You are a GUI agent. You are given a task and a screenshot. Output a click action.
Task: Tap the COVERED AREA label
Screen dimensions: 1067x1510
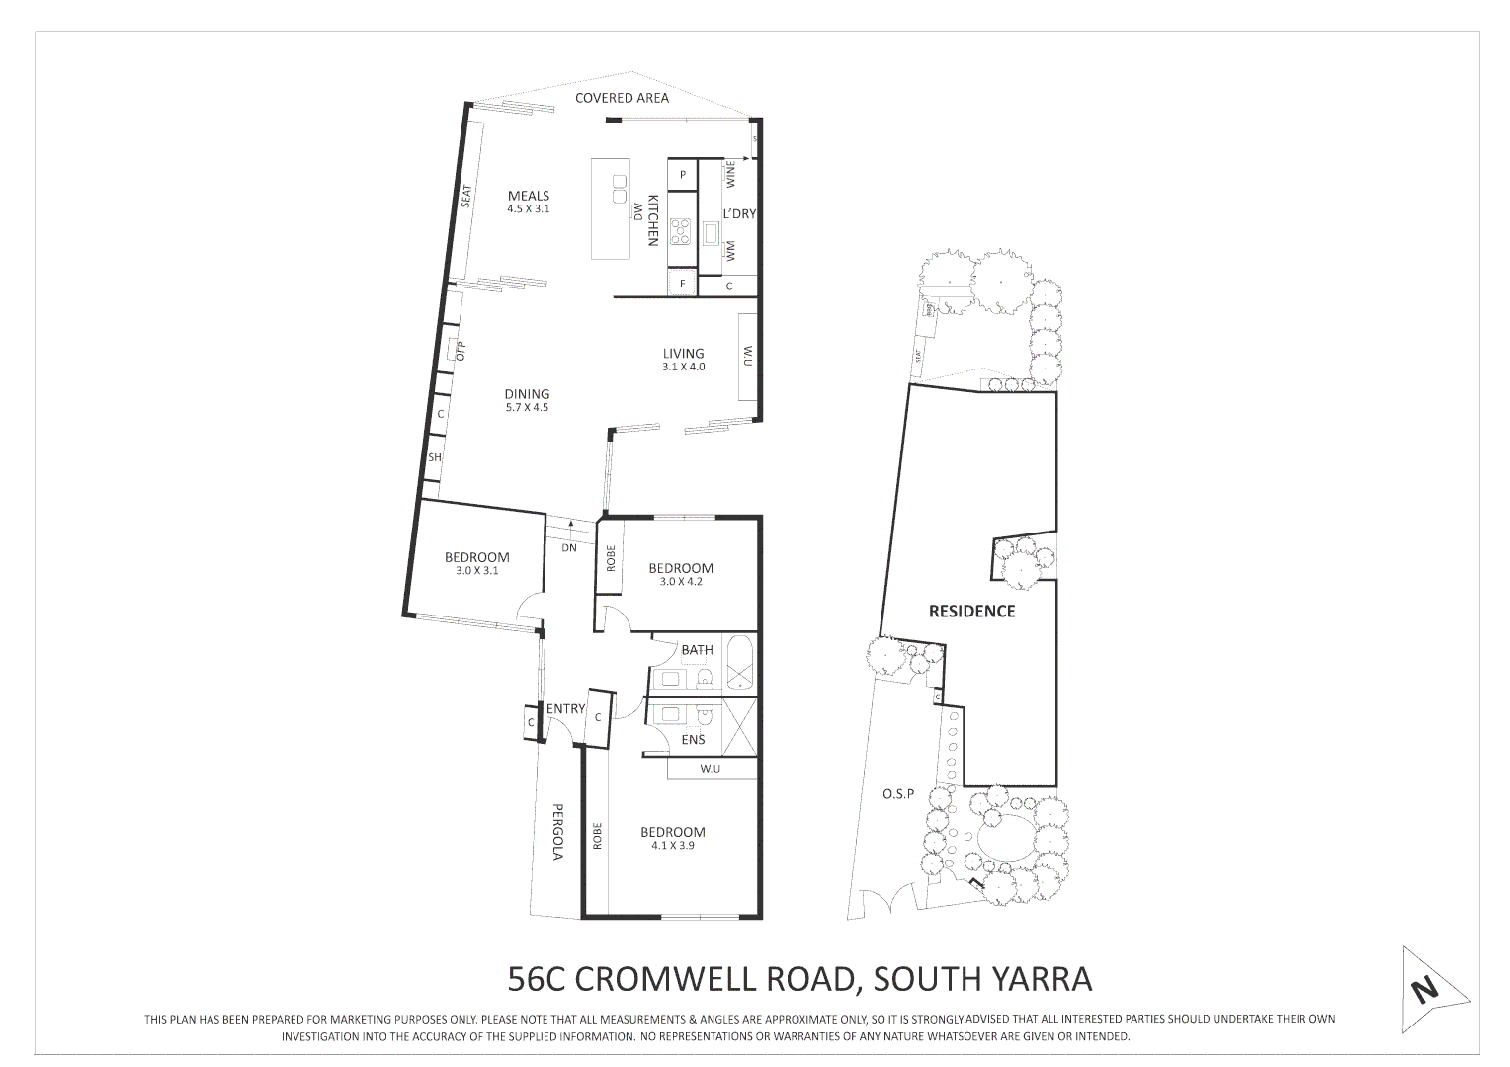click(x=622, y=98)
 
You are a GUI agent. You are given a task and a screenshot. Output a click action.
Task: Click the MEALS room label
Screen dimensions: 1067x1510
click(x=528, y=196)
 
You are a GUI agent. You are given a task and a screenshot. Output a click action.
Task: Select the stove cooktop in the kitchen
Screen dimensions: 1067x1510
click(x=681, y=231)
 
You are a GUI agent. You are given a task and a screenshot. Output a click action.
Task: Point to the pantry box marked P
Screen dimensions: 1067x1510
click(x=682, y=175)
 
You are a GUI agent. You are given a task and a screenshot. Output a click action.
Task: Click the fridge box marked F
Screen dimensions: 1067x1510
click(x=681, y=285)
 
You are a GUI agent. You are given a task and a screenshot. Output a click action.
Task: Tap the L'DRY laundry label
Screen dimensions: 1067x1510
click(x=739, y=213)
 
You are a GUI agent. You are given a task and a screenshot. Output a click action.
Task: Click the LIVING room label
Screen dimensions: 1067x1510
click(x=683, y=353)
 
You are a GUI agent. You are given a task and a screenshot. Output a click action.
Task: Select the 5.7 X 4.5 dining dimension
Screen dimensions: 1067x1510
click(x=526, y=407)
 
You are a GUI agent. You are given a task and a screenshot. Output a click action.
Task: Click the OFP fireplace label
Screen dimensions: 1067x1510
click(x=460, y=350)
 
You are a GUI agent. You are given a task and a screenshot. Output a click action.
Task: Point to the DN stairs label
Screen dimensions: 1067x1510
click(x=569, y=547)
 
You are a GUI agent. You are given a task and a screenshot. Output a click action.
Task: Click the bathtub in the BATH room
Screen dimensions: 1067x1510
click(x=740, y=664)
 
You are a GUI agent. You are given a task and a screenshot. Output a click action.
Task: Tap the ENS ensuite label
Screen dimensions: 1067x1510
click(x=694, y=739)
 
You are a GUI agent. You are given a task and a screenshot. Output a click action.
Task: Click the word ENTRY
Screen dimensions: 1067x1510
click(x=565, y=708)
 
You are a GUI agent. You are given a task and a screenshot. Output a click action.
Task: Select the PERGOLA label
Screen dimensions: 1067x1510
click(x=557, y=830)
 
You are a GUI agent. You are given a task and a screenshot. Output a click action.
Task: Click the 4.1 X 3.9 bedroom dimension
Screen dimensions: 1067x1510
click(x=672, y=845)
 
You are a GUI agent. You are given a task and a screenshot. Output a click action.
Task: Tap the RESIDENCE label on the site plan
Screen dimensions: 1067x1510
click(x=971, y=611)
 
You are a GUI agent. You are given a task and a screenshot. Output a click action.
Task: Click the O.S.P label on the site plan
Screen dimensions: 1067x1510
click(x=898, y=793)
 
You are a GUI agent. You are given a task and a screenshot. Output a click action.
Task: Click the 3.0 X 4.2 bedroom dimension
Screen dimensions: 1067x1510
click(x=680, y=582)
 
